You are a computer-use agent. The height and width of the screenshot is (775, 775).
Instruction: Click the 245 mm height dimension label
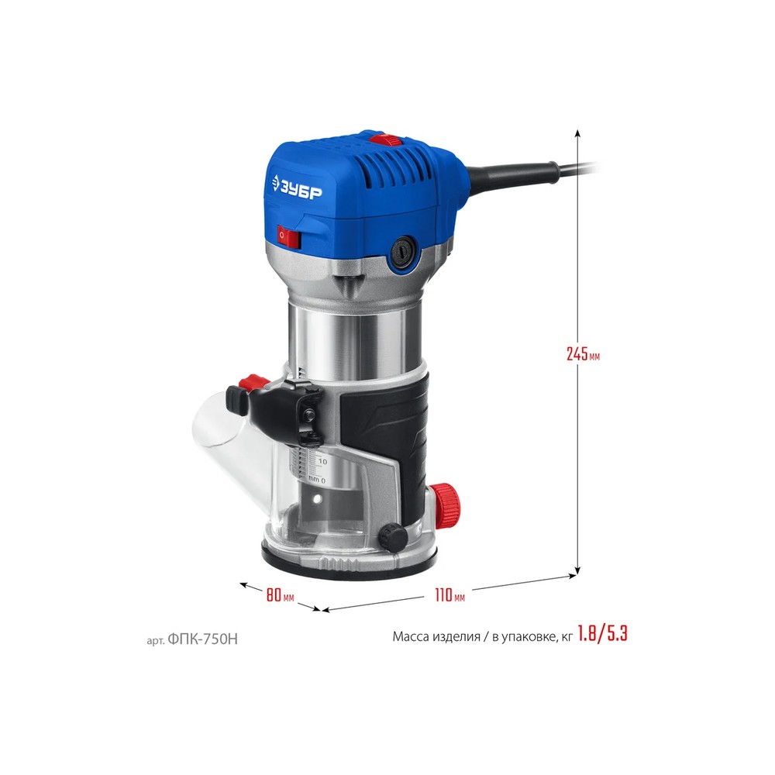click(584, 354)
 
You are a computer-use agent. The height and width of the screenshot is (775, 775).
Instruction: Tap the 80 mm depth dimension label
click(281, 594)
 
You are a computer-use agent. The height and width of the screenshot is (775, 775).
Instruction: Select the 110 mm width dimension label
click(449, 594)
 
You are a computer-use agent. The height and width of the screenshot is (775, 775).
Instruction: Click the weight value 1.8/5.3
click(602, 634)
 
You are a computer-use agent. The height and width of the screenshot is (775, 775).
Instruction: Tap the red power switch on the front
click(288, 236)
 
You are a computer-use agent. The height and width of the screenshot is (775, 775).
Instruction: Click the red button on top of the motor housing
click(387, 139)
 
